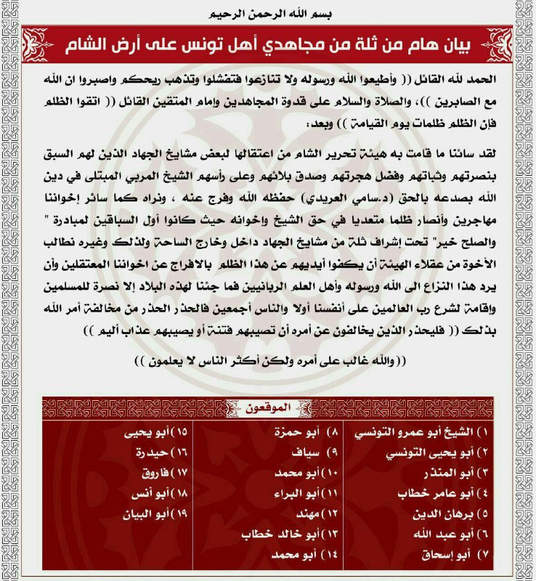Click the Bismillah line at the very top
[x=268, y=14]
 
